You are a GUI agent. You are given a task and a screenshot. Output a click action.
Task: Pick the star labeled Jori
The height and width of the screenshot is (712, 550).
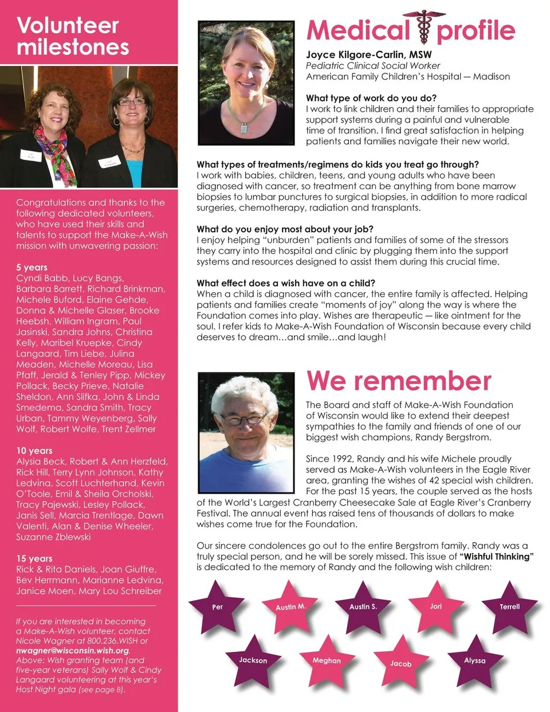436,606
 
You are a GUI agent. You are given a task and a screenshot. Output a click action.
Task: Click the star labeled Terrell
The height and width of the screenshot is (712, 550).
509,607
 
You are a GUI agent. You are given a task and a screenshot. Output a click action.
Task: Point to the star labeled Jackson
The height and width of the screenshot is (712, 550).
253,660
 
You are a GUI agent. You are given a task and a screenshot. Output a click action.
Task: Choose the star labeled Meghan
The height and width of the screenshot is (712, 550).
327,660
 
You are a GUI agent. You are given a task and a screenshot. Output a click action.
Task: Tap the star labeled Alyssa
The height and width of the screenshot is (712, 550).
474,660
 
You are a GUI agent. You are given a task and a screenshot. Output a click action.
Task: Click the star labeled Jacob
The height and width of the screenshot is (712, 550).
400,663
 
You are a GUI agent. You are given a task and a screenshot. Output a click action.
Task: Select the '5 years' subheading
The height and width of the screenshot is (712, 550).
32,267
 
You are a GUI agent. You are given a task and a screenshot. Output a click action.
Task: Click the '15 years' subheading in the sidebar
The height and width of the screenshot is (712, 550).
34,558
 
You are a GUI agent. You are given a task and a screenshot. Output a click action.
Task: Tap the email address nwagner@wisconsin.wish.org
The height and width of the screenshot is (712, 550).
73,650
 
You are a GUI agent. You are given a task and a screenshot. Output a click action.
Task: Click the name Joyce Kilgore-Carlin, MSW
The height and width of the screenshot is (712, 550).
369,54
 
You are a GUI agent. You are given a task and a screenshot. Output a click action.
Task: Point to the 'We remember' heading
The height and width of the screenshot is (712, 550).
399,381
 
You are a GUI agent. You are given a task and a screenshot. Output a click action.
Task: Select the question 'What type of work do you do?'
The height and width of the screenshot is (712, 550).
371,98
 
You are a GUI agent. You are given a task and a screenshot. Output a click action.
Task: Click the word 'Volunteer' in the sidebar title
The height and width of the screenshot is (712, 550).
68,25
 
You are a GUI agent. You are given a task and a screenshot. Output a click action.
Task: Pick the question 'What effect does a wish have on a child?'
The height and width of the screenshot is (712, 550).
286,283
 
